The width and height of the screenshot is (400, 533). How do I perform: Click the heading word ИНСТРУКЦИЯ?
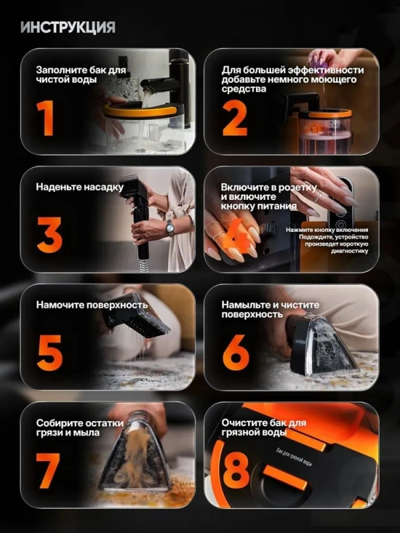68,28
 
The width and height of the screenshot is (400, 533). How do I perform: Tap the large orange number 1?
45,118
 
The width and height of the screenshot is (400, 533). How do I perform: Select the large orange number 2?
235,118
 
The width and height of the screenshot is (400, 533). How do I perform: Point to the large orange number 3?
50,235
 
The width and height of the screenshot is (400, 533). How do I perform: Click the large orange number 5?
50,353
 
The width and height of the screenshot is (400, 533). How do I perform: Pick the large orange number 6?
235,353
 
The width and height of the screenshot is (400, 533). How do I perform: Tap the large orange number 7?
47,471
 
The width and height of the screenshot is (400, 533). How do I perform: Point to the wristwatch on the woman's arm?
170,228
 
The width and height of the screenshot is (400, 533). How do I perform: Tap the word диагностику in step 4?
350,251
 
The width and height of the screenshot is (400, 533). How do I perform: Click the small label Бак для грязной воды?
294,457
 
